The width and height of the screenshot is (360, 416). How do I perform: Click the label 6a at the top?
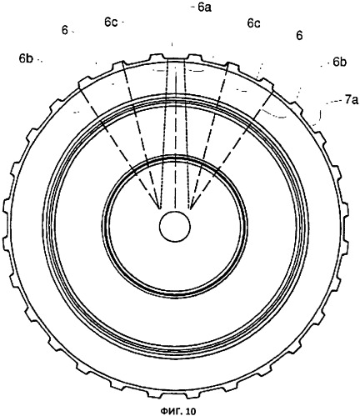204,8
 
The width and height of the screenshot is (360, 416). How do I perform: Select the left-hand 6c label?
111,23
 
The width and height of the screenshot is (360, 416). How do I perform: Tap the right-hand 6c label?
253,23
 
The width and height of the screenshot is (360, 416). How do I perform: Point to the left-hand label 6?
65,31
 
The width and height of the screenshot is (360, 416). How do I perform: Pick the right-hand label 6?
299,36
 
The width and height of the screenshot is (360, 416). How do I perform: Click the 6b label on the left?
26,58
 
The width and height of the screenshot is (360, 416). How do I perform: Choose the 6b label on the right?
340,63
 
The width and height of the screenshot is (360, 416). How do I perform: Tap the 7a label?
352,100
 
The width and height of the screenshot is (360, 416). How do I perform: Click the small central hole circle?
175,227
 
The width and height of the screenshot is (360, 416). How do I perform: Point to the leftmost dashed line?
119,148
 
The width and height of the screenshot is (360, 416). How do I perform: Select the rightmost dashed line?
231,149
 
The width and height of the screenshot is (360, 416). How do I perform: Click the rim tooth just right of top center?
193,58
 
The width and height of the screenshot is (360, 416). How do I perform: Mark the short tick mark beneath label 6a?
172,44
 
